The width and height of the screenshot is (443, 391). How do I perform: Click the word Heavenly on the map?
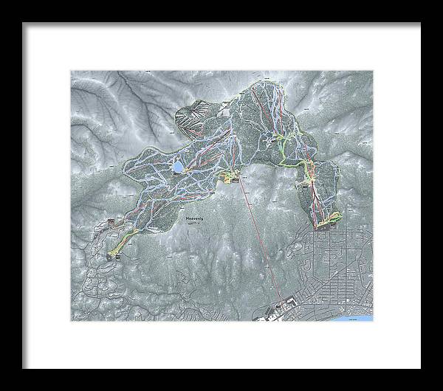coord(195,219)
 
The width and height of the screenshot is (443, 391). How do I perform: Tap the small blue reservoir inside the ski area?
coord(179,167)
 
